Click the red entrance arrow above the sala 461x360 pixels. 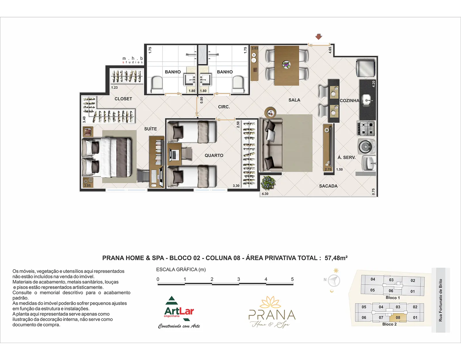[x=318, y=37]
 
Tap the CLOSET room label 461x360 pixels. [x=123, y=99]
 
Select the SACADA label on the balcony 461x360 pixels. [x=328, y=186]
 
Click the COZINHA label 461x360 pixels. [x=349, y=101]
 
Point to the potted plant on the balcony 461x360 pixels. [x=268, y=183]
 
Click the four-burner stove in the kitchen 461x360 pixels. [x=366, y=128]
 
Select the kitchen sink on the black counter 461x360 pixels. [x=367, y=100]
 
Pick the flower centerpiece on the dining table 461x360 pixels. [x=286, y=65]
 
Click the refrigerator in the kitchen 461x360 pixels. [x=366, y=68]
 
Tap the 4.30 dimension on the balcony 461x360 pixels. [x=265, y=194]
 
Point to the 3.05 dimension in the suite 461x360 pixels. [x=87, y=185]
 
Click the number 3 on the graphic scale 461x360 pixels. [x=239, y=279]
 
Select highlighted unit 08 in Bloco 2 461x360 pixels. [x=398, y=318]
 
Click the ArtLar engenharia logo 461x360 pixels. [x=179, y=312]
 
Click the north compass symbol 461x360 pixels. [x=334, y=280]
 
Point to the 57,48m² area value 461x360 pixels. [x=336, y=258]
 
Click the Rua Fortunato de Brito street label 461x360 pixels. [x=441, y=300]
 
